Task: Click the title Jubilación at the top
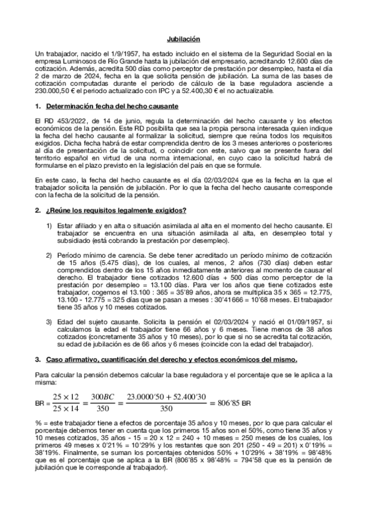(184, 39)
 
